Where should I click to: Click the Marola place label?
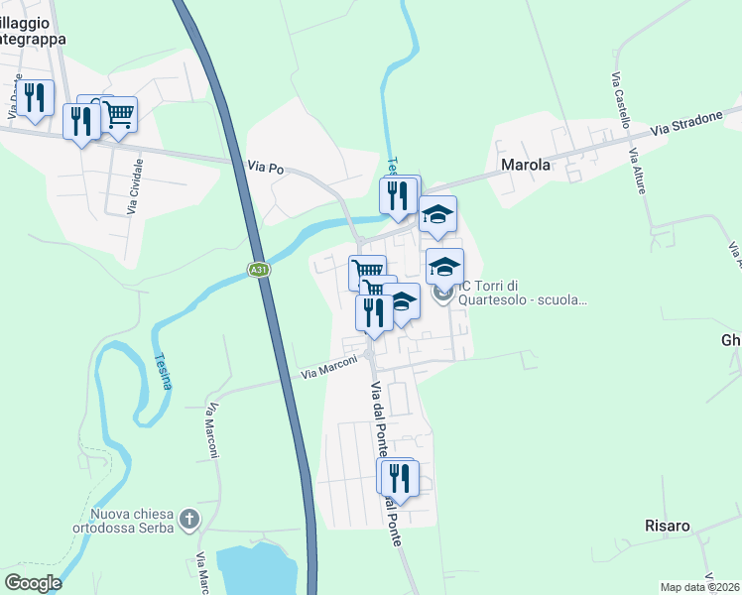coord(525,165)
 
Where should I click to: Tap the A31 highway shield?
coord(258,269)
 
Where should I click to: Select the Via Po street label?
coord(265,169)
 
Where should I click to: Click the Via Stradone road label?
coord(686,124)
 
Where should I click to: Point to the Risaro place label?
coord(667,526)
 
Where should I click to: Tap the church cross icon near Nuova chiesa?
coord(189,519)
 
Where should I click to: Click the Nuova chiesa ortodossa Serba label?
coord(131,520)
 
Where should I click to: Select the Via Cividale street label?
coord(135,186)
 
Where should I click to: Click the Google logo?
coord(33,583)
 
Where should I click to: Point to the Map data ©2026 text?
coord(699,587)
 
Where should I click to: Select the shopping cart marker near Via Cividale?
coord(118,114)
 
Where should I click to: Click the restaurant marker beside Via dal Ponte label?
coord(399,478)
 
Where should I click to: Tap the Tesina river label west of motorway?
coord(163,372)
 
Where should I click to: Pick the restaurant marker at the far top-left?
coord(35,98)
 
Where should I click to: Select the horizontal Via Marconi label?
coord(329,373)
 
